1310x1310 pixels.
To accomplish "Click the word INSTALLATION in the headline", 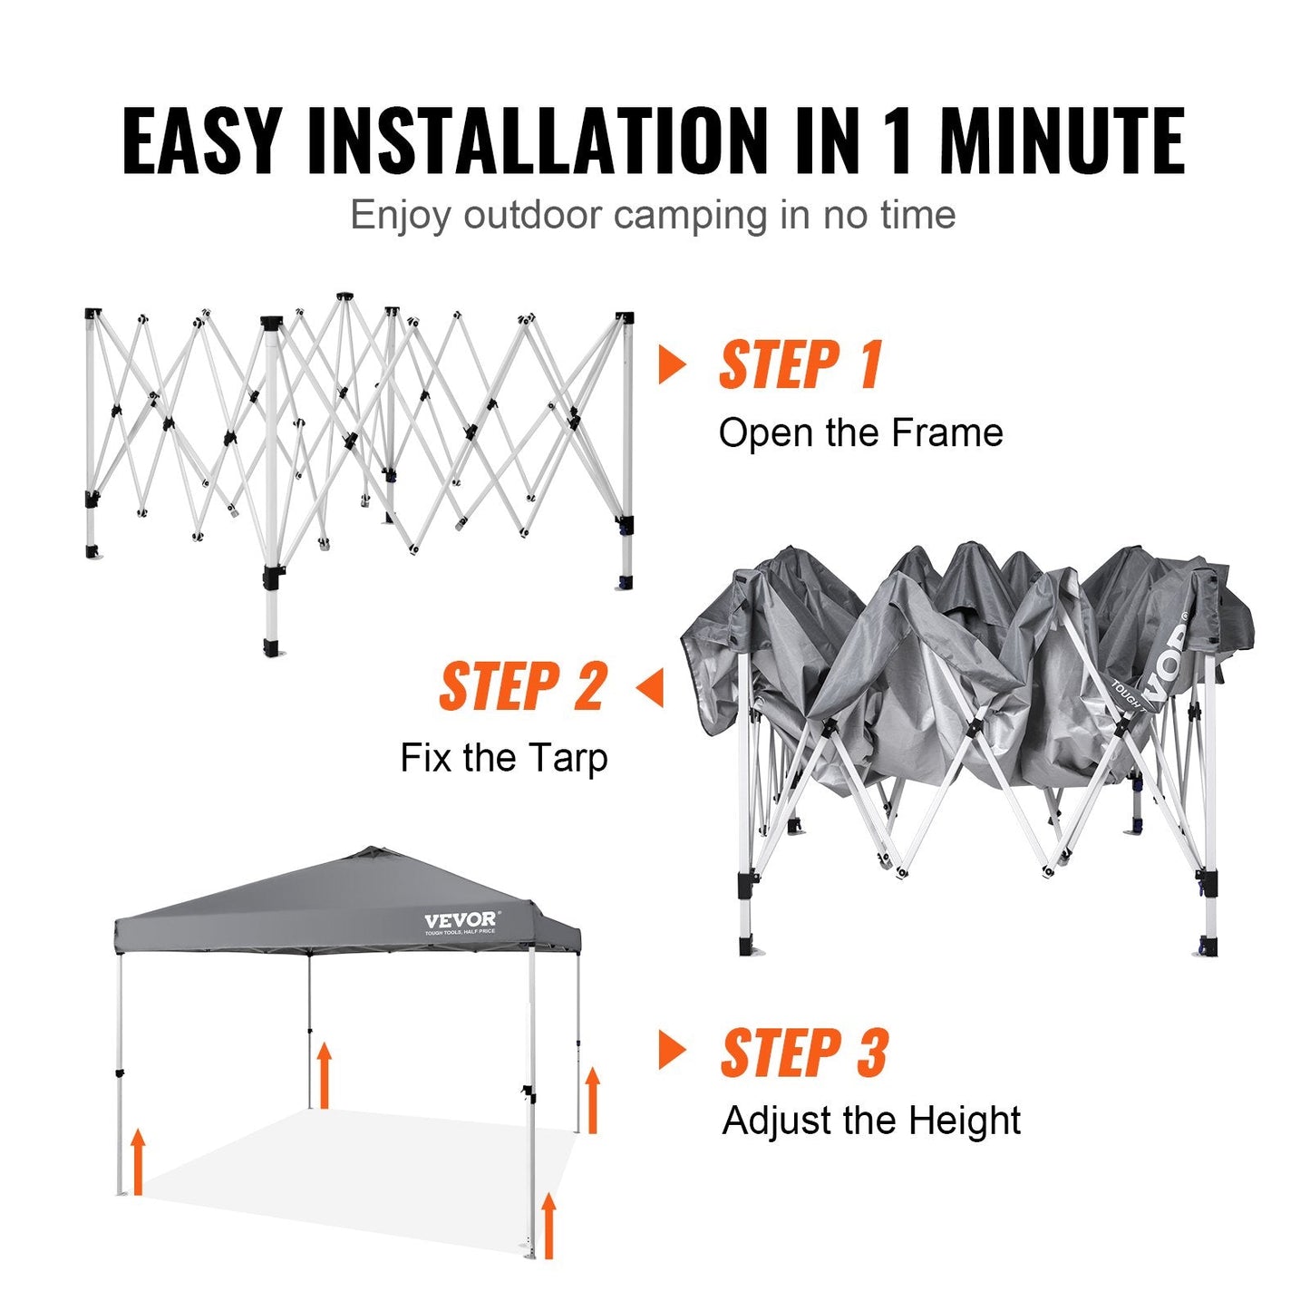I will tap(537, 141).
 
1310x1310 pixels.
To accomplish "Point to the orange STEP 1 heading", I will tap(801, 365).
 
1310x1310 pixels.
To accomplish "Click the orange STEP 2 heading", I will tap(523, 686).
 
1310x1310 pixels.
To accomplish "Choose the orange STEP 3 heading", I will tap(804, 1053).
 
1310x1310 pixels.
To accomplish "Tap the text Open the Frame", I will tap(860, 433).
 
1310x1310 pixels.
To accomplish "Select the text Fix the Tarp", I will tap(503, 757).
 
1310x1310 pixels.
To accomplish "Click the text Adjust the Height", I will tap(871, 1121).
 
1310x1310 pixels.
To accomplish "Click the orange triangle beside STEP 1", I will tap(672, 364).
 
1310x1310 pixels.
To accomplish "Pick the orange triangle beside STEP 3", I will tap(672, 1052).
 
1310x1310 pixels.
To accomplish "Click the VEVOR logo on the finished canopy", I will tap(461, 921).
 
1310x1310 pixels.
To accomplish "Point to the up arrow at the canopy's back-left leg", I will tap(324, 1075).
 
